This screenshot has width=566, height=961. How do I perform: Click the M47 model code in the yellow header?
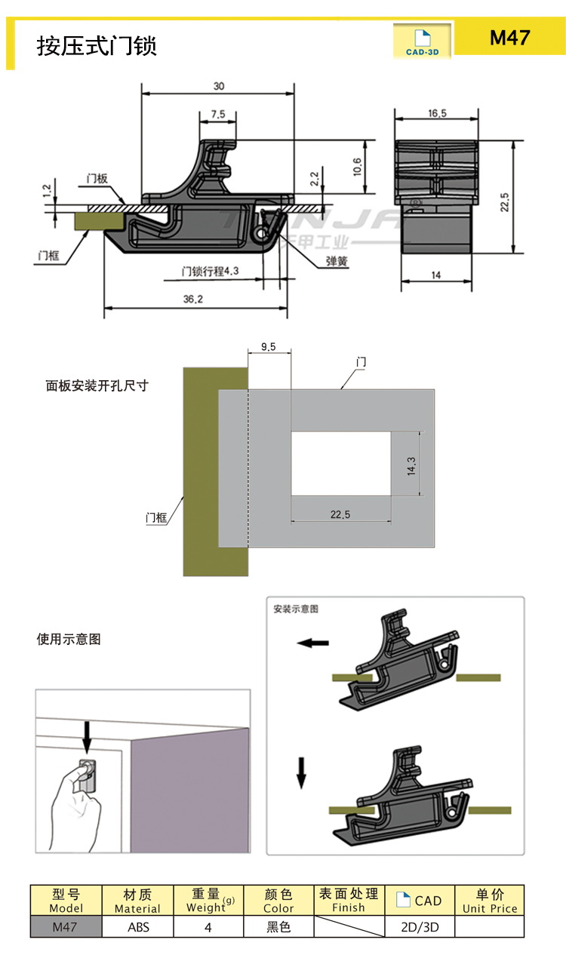point(510,38)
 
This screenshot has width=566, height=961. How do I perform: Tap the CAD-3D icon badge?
point(422,42)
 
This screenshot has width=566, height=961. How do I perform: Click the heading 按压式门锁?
point(97,46)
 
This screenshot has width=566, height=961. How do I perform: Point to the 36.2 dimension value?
point(193,299)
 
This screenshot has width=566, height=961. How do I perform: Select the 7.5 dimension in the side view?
point(217,114)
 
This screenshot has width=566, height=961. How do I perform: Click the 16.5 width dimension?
point(437,113)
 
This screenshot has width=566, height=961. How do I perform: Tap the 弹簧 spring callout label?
point(337,262)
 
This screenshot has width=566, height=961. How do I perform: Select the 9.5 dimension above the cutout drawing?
point(268,347)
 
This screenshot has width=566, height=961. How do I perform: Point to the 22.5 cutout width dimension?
point(340,514)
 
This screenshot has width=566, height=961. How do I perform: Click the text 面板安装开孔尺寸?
point(97,385)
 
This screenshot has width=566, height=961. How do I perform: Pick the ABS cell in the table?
point(137,927)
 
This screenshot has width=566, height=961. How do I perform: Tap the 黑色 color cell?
point(278,927)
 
